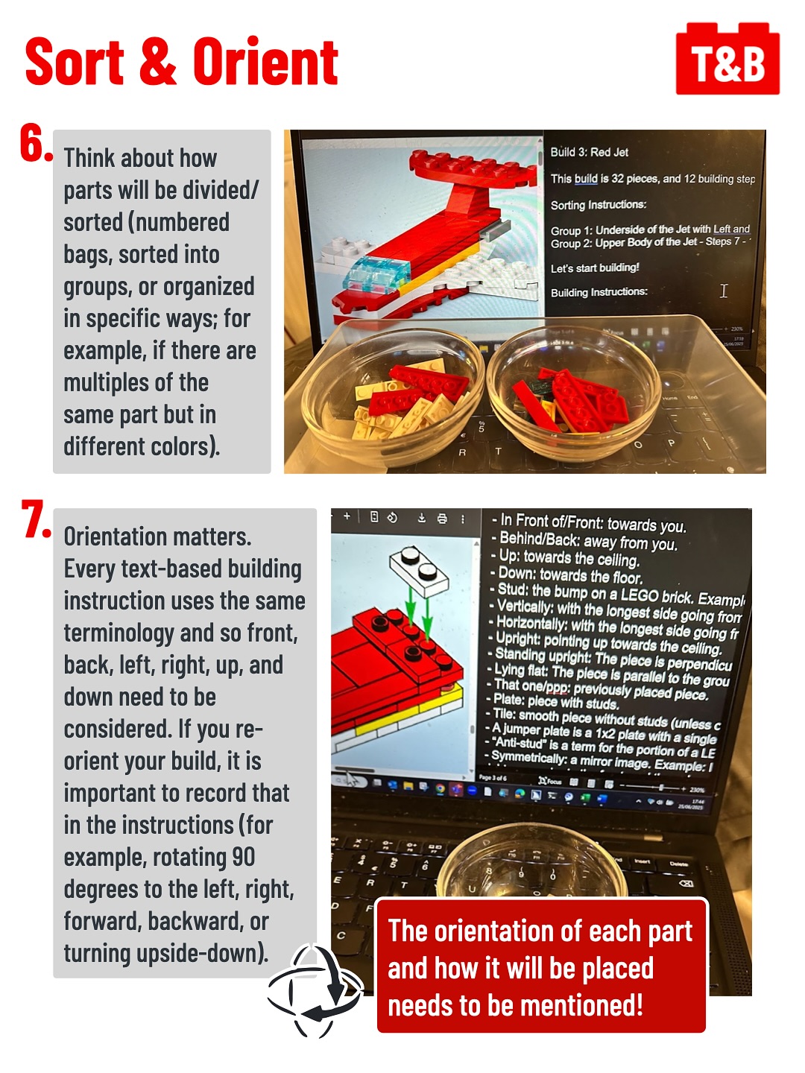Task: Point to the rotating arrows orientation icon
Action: click(x=315, y=991)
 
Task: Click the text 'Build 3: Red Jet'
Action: click(x=589, y=152)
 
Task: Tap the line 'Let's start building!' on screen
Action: click(x=595, y=268)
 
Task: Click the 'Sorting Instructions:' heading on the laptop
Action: click(x=598, y=205)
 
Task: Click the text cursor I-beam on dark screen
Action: click(x=723, y=291)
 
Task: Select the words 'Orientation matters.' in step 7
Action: click(x=157, y=536)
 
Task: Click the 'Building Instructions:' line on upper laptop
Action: click(x=599, y=292)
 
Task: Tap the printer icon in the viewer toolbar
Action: click(x=442, y=519)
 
